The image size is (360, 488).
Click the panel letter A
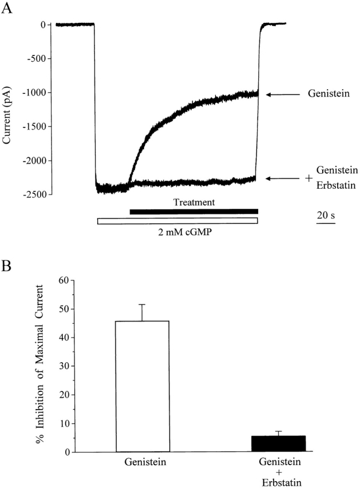[8, 8]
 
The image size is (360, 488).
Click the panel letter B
[8, 267]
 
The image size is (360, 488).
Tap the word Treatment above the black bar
[194, 202]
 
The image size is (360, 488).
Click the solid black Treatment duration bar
[194, 212]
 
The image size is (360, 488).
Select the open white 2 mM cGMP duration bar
[177, 220]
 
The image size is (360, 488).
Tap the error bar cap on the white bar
[143, 304]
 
